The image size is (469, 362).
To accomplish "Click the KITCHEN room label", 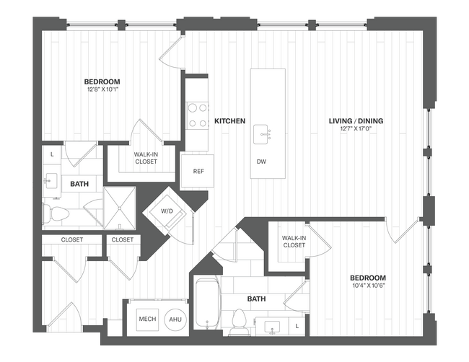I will [230, 121].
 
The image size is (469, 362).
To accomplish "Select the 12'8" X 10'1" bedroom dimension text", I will [102, 89].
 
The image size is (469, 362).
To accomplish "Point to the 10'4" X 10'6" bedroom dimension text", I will [368, 286].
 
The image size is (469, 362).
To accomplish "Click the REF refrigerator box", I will [197, 172].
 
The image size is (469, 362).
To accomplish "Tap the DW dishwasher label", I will [261, 162].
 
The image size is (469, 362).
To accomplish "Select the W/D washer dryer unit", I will [167, 212].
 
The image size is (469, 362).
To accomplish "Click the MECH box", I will [146, 319].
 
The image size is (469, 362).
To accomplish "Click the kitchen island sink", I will [262, 133].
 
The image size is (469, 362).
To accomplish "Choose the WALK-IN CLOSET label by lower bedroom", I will [293, 242].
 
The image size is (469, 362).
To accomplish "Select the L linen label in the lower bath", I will [298, 327].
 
